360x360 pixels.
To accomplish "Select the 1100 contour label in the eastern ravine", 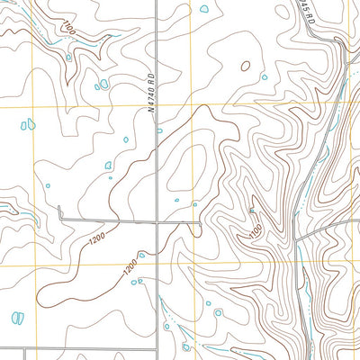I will (x=255, y=229).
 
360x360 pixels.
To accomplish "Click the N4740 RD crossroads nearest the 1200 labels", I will (x=158, y=220).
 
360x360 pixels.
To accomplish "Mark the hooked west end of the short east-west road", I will (x=59, y=212).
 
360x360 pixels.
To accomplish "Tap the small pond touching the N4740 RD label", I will (x=160, y=130).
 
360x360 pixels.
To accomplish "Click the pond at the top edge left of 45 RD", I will (x=204, y=9).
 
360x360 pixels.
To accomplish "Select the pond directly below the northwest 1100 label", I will (x=69, y=56).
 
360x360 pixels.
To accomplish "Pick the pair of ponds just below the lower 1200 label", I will (x=137, y=283).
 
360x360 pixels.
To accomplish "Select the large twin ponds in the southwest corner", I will (x=16, y=318).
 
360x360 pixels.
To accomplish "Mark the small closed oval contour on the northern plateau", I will (x=245, y=64).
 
